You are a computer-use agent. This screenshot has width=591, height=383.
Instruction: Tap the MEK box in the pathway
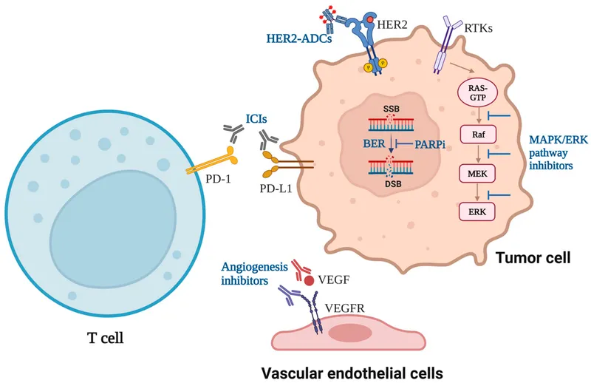(x=477, y=174)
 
